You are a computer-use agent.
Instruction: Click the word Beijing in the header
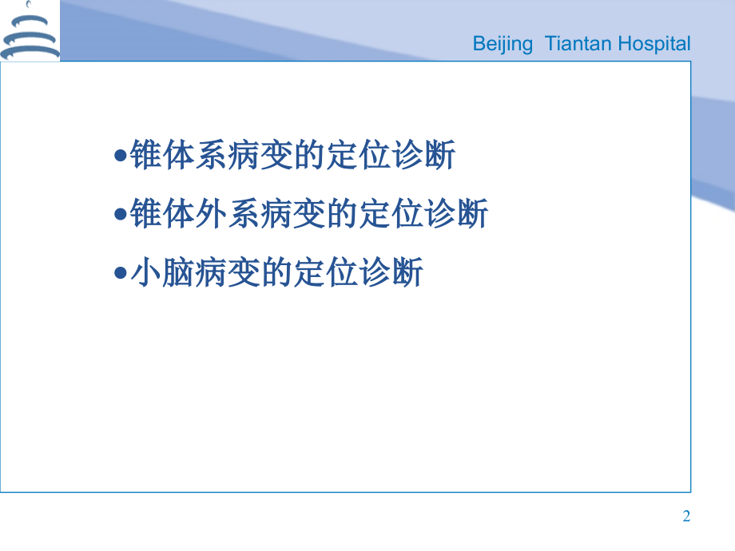coord(503,44)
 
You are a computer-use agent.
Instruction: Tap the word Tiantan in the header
coord(576,44)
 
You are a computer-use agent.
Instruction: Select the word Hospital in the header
coord(651,44)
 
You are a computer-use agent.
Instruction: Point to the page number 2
coord(686,517)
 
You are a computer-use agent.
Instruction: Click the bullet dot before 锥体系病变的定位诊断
coord(121,157)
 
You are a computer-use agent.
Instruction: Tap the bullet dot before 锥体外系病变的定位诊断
coord(121,215)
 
